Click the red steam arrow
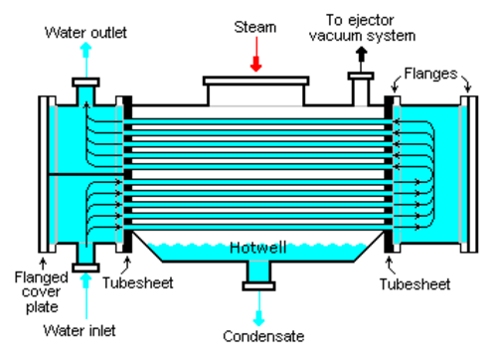256,54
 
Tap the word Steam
255,27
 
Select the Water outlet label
85,33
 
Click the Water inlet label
80,330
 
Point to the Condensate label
263,336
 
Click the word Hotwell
258,248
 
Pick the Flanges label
430,74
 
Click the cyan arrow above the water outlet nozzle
85,60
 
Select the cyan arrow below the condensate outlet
259,308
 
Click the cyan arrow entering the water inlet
85,295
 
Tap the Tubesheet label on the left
138,282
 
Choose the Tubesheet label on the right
414,284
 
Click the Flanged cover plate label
42,292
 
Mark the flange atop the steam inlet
256,81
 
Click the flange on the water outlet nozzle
85,83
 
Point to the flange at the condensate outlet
258,286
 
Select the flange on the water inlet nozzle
85,268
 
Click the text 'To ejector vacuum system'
362,28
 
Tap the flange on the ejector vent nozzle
361,77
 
